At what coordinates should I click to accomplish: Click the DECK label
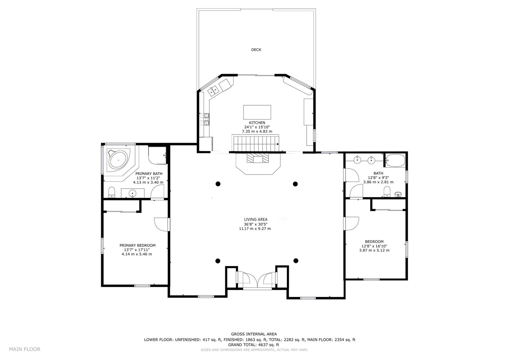coord(256,50)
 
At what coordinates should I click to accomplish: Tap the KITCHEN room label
coord(257,123)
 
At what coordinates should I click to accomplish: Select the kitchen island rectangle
coord(257,112)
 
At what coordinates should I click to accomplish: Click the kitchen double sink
coord(213,91)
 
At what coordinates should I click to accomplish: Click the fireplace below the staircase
coord(258,158)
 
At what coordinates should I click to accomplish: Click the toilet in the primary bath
coord(112,192)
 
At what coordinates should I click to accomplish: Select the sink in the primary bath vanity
coord(132,193)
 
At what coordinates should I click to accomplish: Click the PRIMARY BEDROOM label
coord(137,246)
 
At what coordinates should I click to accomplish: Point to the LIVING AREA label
coord(256,220)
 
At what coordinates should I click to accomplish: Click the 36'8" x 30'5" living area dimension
coord(256,224)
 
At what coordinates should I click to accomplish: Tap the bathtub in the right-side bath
coord(395,160)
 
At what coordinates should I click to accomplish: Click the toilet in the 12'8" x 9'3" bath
coord(387,191)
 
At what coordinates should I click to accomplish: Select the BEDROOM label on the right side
coord(374,242)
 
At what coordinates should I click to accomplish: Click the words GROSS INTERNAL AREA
coord(254,334)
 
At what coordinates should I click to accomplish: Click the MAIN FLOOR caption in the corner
coord(24,349)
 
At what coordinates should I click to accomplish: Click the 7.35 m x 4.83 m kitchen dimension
coord(257,132)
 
